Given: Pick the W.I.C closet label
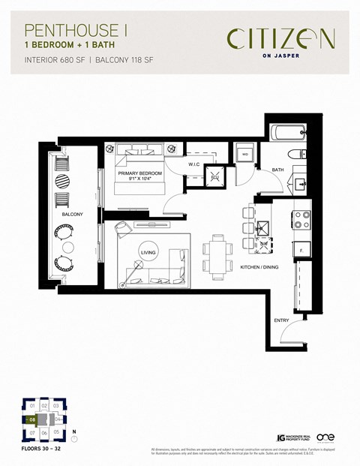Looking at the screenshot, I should pyautogui.click(x=194, y=164).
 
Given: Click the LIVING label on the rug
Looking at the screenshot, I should pyautogui.click(x=148, y=252).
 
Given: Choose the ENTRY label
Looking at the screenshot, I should pyautogui.click(x=282, y=320).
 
